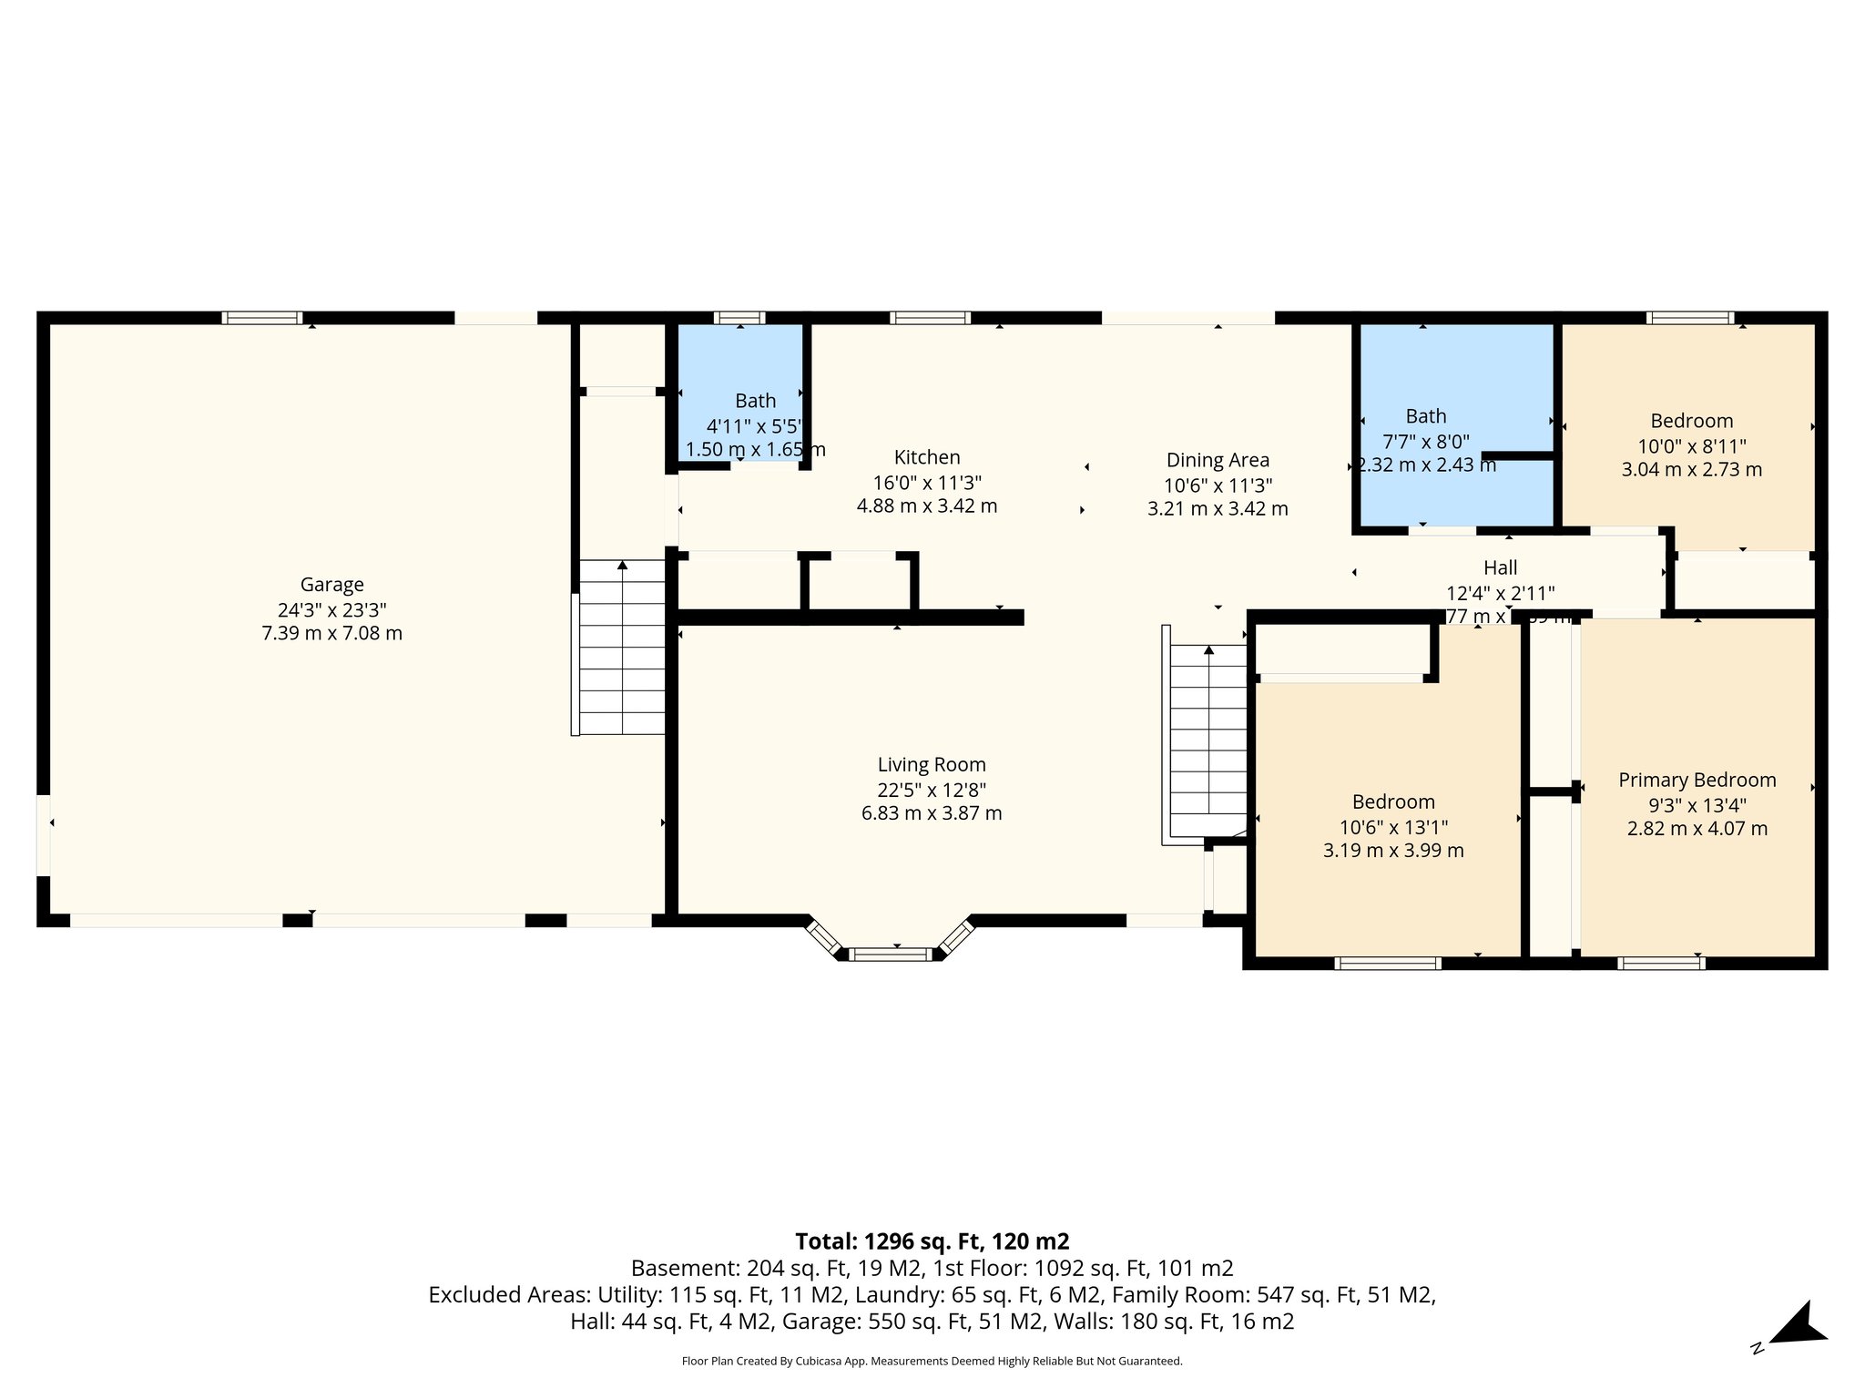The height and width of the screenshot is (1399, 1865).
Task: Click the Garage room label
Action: point(331,585)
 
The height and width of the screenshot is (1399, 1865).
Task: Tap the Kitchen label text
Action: point(927,457)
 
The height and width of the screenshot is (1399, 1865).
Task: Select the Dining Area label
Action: point(1218,460)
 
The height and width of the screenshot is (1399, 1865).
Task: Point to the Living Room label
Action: point(932,765)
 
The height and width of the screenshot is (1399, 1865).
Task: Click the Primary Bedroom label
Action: point(1697,780)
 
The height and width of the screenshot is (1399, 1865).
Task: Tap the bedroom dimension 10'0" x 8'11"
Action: point(1691,446)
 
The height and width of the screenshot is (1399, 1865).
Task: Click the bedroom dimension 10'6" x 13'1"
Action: point(1393,827)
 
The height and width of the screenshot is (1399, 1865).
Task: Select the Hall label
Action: point(1500,567)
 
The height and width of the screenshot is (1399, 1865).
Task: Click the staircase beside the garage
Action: point(622,648)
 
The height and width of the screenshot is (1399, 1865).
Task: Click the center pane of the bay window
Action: point(892,955)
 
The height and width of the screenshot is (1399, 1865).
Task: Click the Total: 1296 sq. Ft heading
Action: point(932,1241)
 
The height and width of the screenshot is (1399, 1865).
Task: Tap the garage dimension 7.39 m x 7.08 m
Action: point(331,633)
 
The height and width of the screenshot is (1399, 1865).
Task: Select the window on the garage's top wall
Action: point(262,318)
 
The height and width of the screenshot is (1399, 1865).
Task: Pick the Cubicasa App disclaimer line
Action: point(932,1362)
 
